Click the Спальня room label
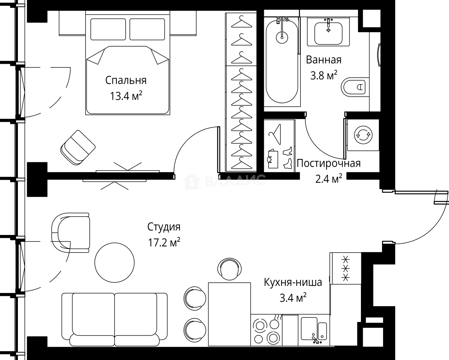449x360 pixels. (126, 80)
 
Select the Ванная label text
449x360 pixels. (323, 60)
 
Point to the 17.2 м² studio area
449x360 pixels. (164, 243)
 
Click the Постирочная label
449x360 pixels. (328, 163)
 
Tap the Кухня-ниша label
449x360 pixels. (293, 282)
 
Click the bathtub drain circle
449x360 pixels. (282, 36)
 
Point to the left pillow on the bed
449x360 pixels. (108, 29)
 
